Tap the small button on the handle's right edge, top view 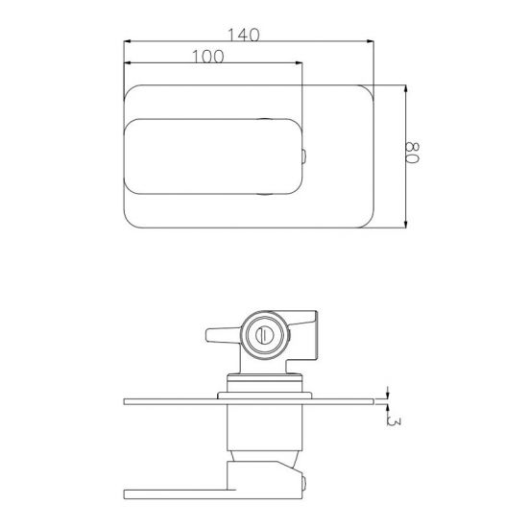(305, 157)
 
